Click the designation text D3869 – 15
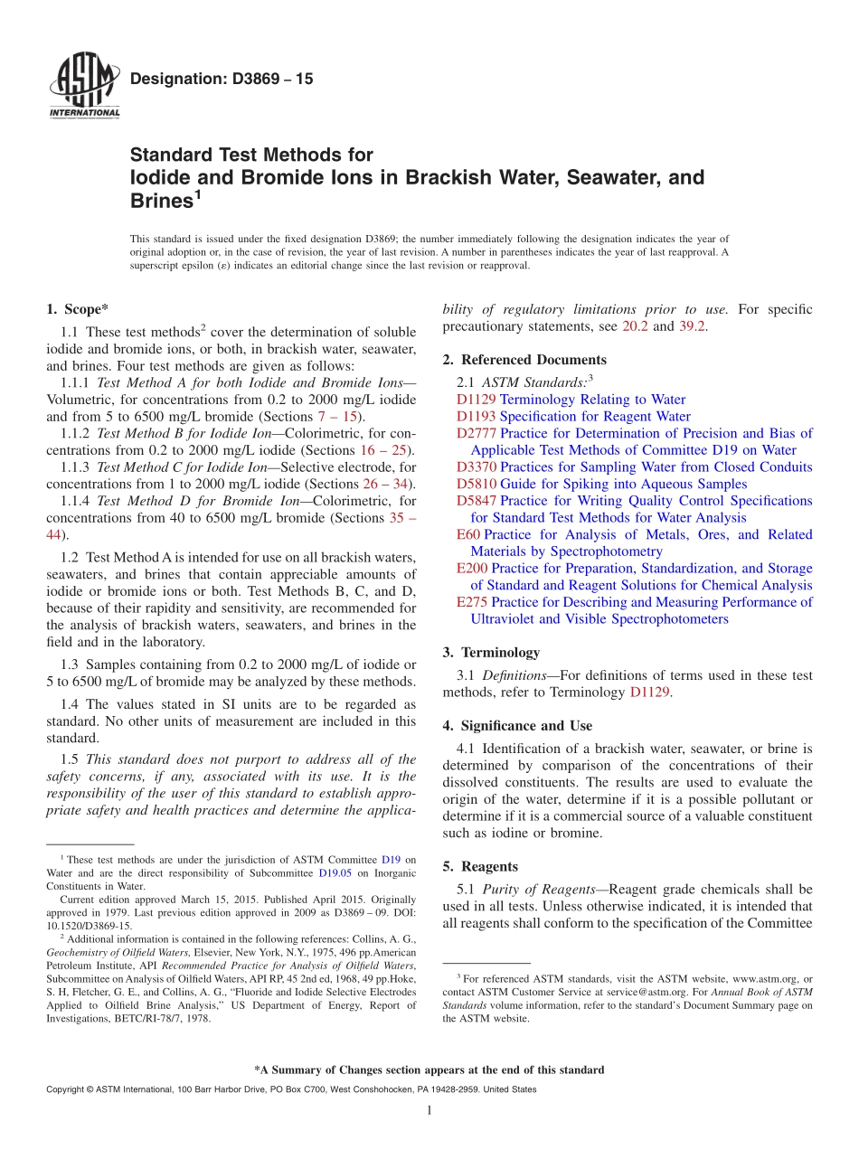tap(221, 79)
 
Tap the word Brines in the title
tap(161, 201)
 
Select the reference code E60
tap(467, 534)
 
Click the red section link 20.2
tap(635, 326)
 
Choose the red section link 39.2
tap(690, 326)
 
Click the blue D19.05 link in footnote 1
tap(335, 874)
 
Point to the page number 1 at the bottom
tap(429, 1111)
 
